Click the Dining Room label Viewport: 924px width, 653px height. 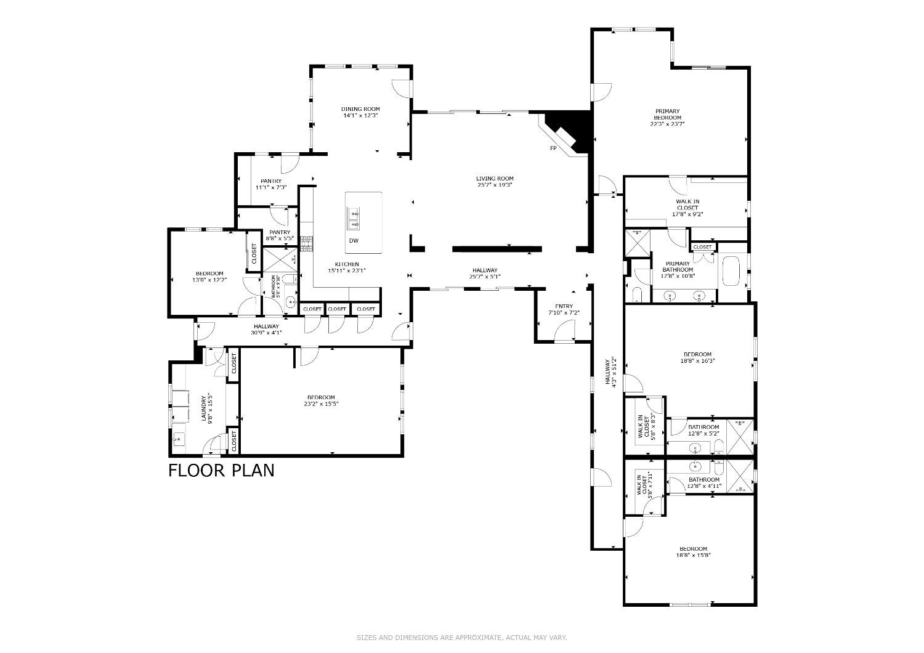360,109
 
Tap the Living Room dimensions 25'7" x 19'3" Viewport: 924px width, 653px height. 495,185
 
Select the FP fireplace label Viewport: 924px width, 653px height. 553,148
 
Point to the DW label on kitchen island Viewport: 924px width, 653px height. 354,241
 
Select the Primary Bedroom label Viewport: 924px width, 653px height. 667,115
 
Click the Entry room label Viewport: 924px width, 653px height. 564,306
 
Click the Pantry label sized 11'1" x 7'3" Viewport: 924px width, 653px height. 270,181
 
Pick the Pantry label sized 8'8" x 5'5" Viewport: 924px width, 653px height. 279,232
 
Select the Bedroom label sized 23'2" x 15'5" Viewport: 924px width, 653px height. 321,397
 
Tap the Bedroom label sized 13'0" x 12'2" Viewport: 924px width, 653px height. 209,274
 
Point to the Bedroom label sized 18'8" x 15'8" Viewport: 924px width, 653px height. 693,548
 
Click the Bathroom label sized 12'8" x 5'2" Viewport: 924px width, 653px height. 703,427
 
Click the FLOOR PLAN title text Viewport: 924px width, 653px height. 221,471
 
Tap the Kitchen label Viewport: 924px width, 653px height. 347,264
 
